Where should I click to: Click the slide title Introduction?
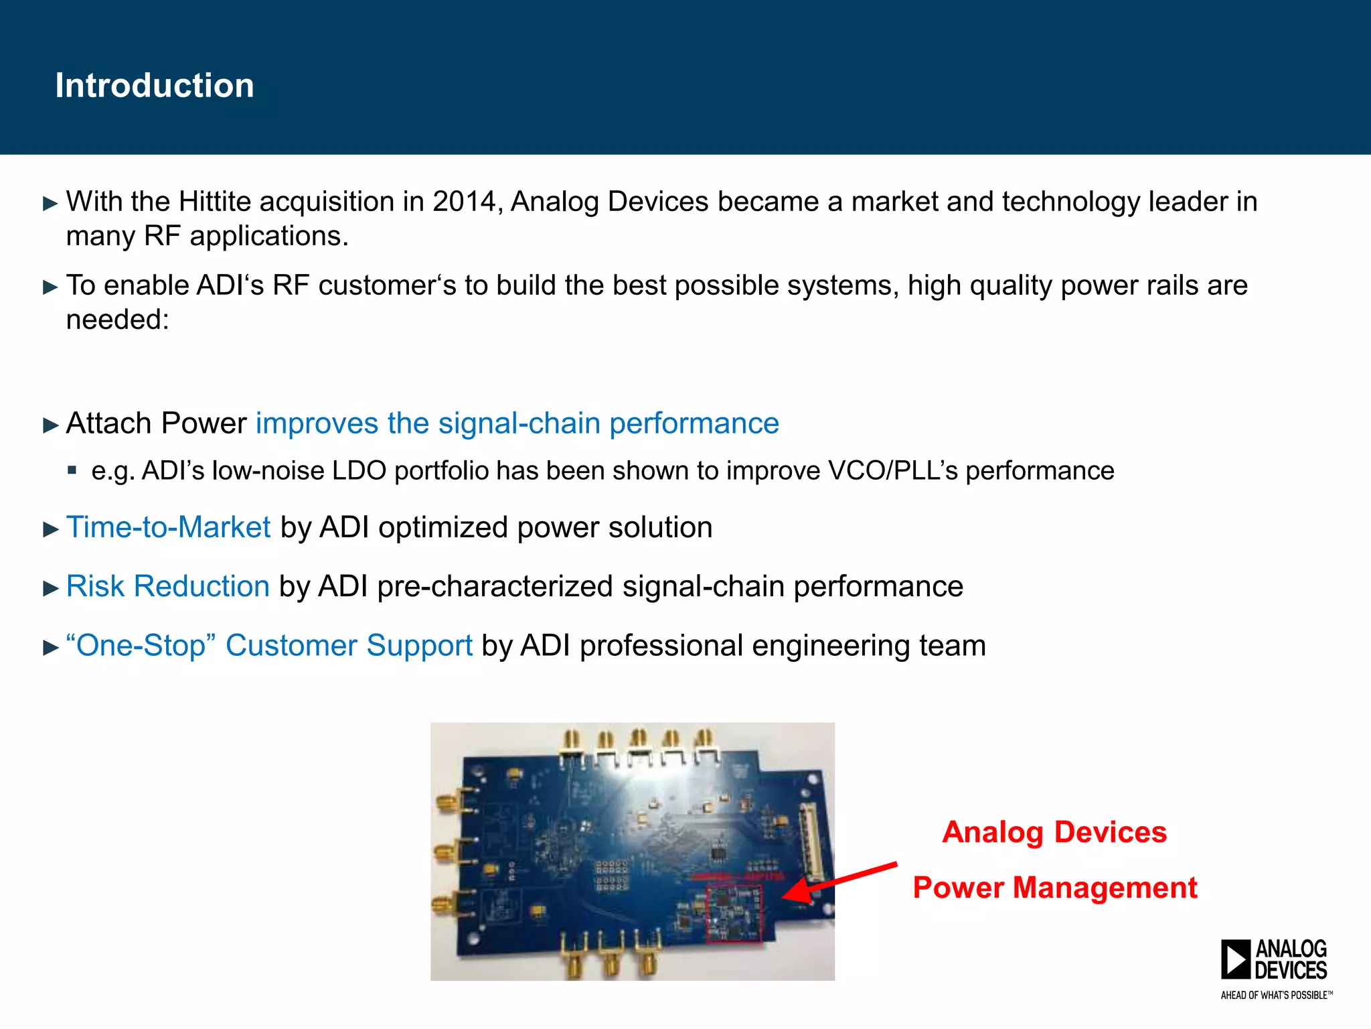155,86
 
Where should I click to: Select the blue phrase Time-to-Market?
169,527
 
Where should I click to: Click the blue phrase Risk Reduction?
168,586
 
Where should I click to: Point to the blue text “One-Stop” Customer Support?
269,645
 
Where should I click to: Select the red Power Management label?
1055,888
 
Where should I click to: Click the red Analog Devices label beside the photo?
1054,832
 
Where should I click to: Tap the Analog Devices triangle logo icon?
1235,959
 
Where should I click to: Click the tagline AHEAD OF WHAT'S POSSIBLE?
1276,996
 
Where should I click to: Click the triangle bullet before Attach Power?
51,425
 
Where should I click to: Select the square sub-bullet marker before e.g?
72,470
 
